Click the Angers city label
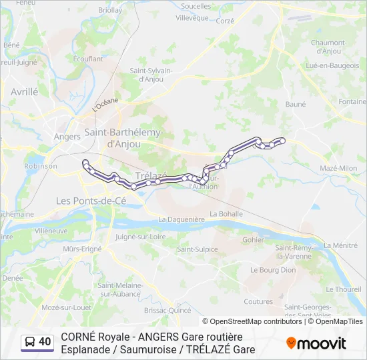67,136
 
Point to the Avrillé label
25,91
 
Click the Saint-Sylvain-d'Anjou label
151,75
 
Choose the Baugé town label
296,104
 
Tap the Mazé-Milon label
339,168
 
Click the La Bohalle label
226,213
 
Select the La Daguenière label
181,219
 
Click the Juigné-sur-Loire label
141,236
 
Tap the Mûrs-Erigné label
82,249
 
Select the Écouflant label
88,59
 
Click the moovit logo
316,343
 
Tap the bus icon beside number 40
30,342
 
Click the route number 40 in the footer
45,342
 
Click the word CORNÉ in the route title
78,337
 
